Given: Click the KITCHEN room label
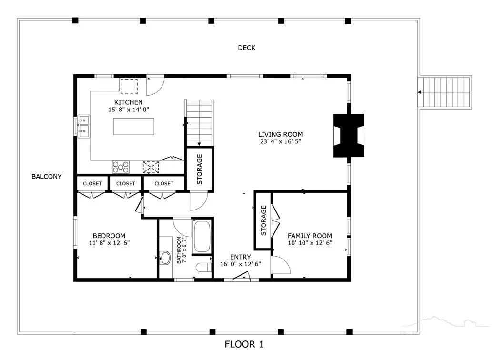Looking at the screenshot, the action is pyautogui.click(x=128, y=102).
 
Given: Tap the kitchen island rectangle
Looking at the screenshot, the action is pyautogui.click(x=133, y=127).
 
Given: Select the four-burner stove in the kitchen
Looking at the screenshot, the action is pyautogui.click(x=121, y=167).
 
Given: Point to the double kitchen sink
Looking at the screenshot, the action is pyautogui.click(x=84, y=126).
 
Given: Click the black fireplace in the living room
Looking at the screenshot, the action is pyautogui.click(x=349, y=136).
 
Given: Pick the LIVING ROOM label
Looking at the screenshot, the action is pyautogui.click(x=280, y=134).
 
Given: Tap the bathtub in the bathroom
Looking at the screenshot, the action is pyautogui.click(x=202, y=237).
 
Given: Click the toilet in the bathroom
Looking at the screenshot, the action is pyautogui.click(x=203, y=267).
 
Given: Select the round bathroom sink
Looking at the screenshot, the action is pyautogui.click(x=165, y=258).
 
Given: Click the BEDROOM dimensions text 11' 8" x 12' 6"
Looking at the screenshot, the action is pyautogui.click(x=109, y=243).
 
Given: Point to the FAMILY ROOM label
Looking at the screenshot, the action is pyautogui.click(x=310, y=236).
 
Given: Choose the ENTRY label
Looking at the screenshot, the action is pyautogui.click(x=241, y=257).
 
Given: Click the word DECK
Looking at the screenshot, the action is pyautogui.click(x=247, y=48).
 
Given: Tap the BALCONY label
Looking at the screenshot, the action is pyautogui.click(x=46, y=176).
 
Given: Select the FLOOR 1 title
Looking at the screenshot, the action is pyautogui.click(x=244, y=344).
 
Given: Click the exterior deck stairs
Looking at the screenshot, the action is pyautogui.click(x=445, y=92).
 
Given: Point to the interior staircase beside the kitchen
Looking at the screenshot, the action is pyautogui.click(x=199, y=123).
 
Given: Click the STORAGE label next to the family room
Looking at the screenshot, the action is pyautogui.click(x=263, y=220).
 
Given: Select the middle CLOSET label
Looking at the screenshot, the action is pyautogui.click(x=126, y=183).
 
